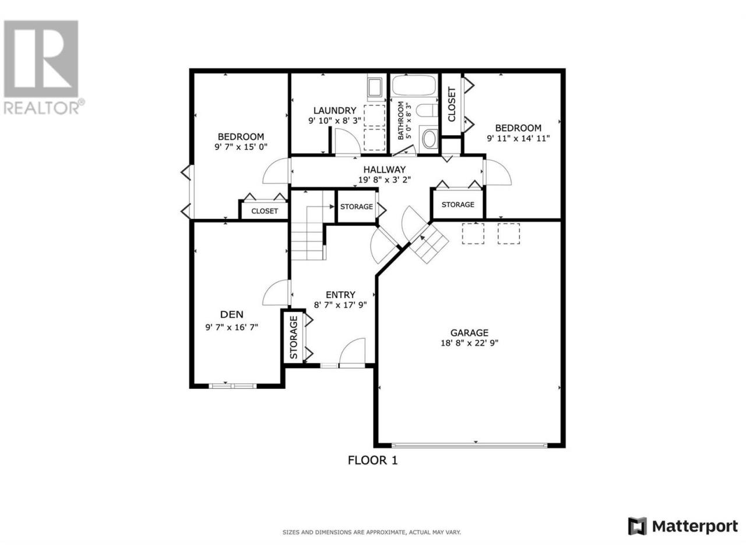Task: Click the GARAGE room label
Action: tap(469, 332)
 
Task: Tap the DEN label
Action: tap(232, 314)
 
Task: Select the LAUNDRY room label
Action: tap(335, 110)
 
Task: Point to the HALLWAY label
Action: tap(385, 169)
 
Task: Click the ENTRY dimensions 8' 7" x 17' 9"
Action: tap(340, 305)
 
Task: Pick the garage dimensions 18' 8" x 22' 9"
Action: tap(469, 343)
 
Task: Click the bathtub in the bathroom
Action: tap(414, 85)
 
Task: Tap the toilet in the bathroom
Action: tap(427, 111)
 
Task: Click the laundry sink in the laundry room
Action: tap(375, 88)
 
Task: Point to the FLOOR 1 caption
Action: tap(372, 460)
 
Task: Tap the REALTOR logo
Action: tap(43, 67)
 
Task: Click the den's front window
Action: tap(233, 385)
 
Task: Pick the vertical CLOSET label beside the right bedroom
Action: tap(452, 104)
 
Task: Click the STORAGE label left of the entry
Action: tap(294, 337)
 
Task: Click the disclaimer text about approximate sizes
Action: tap(371, 533)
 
